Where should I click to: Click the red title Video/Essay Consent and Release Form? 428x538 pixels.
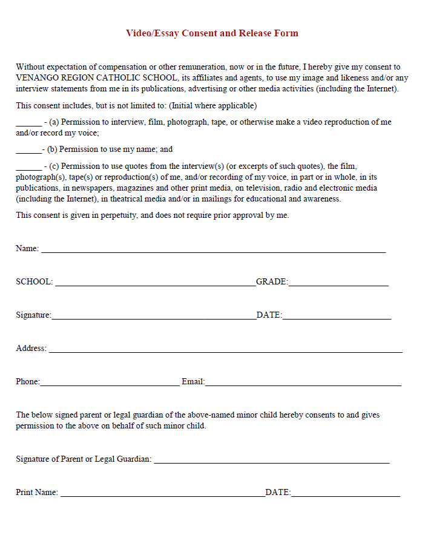tap(212, 33)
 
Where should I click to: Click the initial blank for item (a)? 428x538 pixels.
tap(28, 124)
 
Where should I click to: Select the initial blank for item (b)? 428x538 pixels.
tap(28, 151)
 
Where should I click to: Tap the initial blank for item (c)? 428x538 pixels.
tap(28, 168)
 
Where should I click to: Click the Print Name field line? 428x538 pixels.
tap(162, 495)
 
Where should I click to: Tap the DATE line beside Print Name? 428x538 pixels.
tap(345, 495)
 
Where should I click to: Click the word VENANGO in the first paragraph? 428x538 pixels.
tap(37, 78)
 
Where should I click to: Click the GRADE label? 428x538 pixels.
tap(272, 282)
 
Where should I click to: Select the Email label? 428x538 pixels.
tap(193, 382)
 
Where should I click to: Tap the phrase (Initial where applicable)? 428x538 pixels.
tap(213, 106)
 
